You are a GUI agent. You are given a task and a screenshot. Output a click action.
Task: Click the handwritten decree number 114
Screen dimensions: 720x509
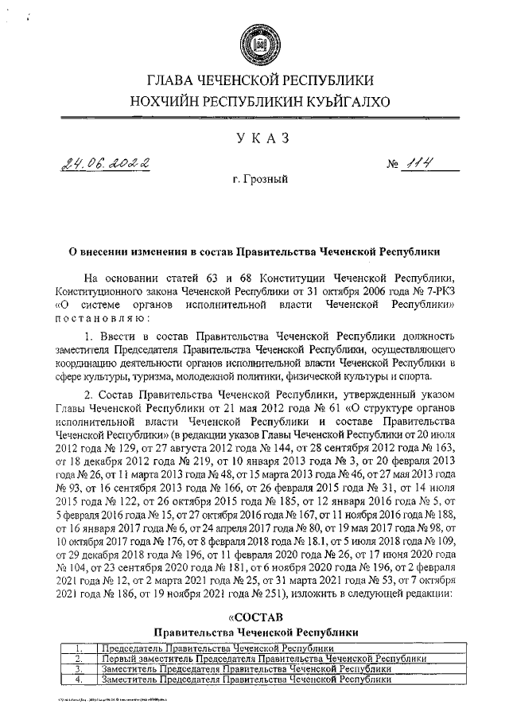pyautogui.click(x=419, y=165)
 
